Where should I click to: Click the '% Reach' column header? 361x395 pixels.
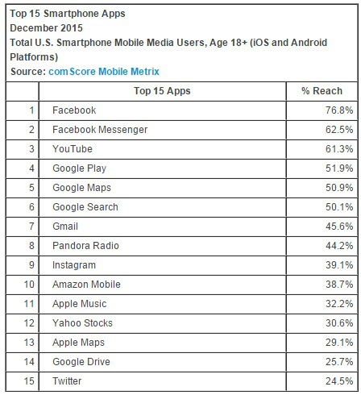coord(322,91)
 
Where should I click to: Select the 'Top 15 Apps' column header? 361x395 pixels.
coord(162,91)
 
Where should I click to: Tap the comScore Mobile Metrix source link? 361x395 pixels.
coord(104,72)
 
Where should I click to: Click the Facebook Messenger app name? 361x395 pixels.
coord(100,130)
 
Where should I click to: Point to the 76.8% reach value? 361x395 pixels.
coord(339,110)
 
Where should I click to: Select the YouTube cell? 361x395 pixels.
coord(73,149)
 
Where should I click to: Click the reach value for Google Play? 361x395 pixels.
coord(339,168)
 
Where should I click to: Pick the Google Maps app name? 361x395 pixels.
coord(81,188)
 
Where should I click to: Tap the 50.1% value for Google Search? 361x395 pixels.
coord(339,207)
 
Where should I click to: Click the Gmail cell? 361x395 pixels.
coord(65,227)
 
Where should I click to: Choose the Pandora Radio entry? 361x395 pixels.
coord(85,246)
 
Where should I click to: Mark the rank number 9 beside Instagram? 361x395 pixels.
coord(31,265)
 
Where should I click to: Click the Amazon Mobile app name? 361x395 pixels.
coord(86,285)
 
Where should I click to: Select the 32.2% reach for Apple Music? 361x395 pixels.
coord(339,304)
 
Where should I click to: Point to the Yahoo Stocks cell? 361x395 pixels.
coord(82,323)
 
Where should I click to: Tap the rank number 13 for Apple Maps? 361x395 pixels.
coord(29,343)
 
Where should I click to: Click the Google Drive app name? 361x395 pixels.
coord(81,362)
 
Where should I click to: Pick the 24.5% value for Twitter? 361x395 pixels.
coord(339,381)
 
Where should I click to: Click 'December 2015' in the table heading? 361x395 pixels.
coord(46,28)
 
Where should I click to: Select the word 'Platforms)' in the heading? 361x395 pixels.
coord(34,57)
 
